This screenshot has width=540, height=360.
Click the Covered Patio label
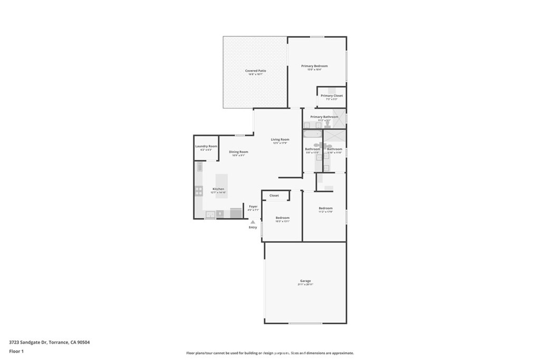[255, 71]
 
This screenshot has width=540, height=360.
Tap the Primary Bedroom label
[314, 66]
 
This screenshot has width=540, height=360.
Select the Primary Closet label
[332, 95]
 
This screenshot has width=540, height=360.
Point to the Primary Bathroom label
[324, 116]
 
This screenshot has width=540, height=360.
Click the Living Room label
[280, 140]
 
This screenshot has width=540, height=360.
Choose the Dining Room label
[238, 152]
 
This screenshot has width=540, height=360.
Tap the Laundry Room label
[206, 146]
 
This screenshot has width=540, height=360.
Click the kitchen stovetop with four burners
[199, 191]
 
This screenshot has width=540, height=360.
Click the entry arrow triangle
[253, 222]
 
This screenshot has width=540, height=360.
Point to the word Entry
[253, 227]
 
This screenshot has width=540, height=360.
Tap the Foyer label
[253, 206]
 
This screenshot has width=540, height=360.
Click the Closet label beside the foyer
[274, 196]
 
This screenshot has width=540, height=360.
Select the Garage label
[305, 281]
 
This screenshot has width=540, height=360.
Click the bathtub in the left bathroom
[312, 135]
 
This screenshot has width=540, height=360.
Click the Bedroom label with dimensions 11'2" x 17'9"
[325, 208]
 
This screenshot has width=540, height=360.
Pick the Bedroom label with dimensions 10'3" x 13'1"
[282, 218]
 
